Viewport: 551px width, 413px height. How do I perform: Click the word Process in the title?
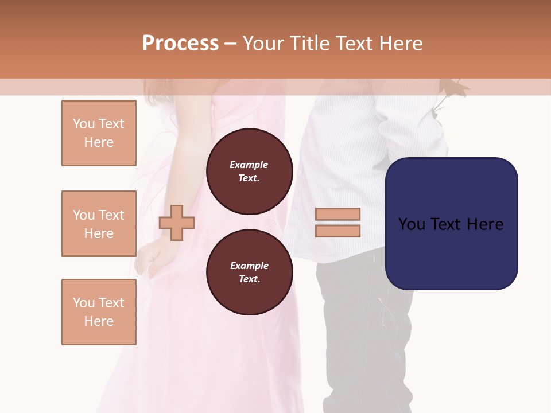pyautogui.click(x=180, y=44)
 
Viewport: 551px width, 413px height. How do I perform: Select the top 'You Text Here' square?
pyautogui.click(x=99, y=133)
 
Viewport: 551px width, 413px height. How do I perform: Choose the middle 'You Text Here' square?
pyautogui.click(x=99, y=224)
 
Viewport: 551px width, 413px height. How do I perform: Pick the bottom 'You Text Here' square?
pyautogui.click(x=99, y=312)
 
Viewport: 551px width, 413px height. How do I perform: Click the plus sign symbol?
pyautogui.click(x=177, y=223)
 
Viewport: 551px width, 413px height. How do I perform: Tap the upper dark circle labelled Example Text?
pyautogui.click(x=249, y=171)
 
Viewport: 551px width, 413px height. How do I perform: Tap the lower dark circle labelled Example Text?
pyautogui.click(x=249, y=272)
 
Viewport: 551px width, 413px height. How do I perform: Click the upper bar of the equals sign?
pyautogui.click(x=338, y=214)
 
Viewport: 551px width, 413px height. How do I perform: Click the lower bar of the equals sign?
pyautogui.click(x=338, y=231)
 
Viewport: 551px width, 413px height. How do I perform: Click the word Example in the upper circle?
pyautogui.click(x=249, y=165)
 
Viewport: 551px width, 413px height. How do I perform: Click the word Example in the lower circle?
pyautogui.click(x=249, y=266)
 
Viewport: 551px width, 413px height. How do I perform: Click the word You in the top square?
pyautogui.click(x=83, y=124)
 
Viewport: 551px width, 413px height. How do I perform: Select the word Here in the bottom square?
pyautogui.click(x=99, y=321)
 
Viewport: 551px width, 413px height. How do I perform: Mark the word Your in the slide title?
pyautogui.click(x=263, y=44)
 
